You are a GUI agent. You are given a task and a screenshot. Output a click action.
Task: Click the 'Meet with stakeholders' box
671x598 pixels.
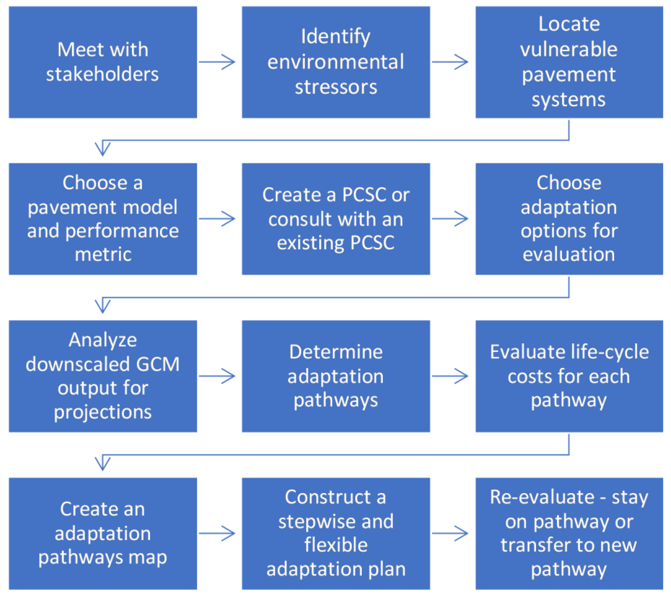[103, 62]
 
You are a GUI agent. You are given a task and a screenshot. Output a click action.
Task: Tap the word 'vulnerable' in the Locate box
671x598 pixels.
[568, 49]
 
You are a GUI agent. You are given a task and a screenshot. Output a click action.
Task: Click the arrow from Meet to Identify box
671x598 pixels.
[217, 62]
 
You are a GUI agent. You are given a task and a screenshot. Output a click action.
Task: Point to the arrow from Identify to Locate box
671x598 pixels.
[450, 62]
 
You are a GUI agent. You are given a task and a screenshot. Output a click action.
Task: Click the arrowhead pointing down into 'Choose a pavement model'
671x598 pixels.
[103, 149]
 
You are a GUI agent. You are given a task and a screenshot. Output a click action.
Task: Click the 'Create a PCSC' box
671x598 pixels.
[336, 219]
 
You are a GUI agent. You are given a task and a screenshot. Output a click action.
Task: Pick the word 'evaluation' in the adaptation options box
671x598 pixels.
[568, 255]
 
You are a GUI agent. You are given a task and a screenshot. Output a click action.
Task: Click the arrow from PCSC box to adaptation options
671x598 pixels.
[450, 219]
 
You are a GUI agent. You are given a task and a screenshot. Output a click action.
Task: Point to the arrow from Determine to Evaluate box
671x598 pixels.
[450, 376]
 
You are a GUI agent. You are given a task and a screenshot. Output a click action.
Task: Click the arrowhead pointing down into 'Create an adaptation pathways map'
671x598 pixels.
[103, 463]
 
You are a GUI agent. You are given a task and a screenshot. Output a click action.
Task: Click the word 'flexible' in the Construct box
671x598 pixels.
[336, 545]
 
